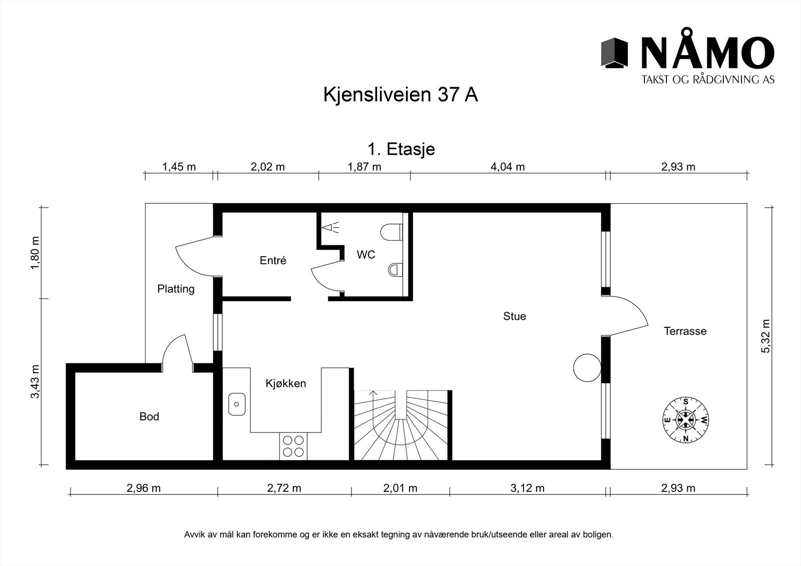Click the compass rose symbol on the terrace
[x=685, y=420]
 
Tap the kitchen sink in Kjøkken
[x=237, y=404]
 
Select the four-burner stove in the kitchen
[x=293, y=446]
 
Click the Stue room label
[x=514, y=316]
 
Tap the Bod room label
[x=149, y=416]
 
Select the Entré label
[x=273, y=260]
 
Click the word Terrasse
[x=685, y=331]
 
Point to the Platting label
[x=176, y=289]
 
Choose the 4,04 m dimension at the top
[x=508, y=167]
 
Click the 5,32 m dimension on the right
[x=766, y=336]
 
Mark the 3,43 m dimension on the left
[x=35, y=382]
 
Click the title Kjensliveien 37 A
[x=400, y=95]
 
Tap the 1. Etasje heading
[x=401, y=149]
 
